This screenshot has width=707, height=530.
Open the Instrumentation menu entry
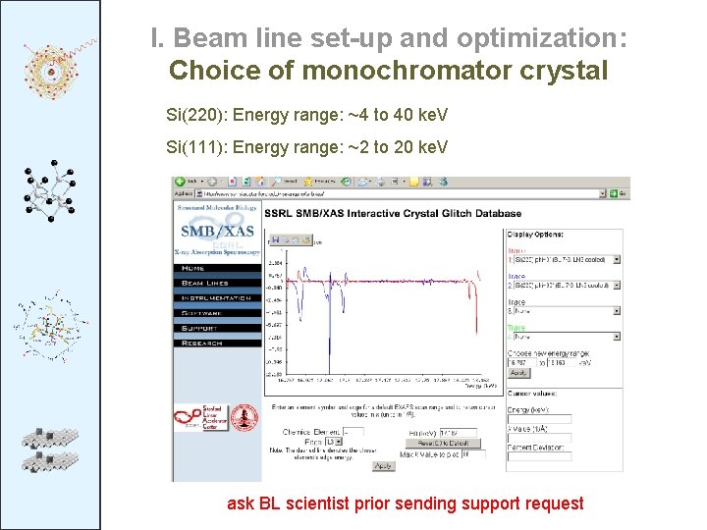215,297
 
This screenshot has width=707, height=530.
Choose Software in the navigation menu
202,313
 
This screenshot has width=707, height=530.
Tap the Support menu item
200,328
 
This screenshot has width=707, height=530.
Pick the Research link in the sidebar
202,343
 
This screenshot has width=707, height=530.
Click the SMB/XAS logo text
217,232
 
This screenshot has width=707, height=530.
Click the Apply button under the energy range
519,373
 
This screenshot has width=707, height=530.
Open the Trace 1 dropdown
564,259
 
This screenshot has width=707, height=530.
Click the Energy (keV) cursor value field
539,418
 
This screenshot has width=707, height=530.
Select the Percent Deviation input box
539,456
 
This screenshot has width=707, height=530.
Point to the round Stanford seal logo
244,416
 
